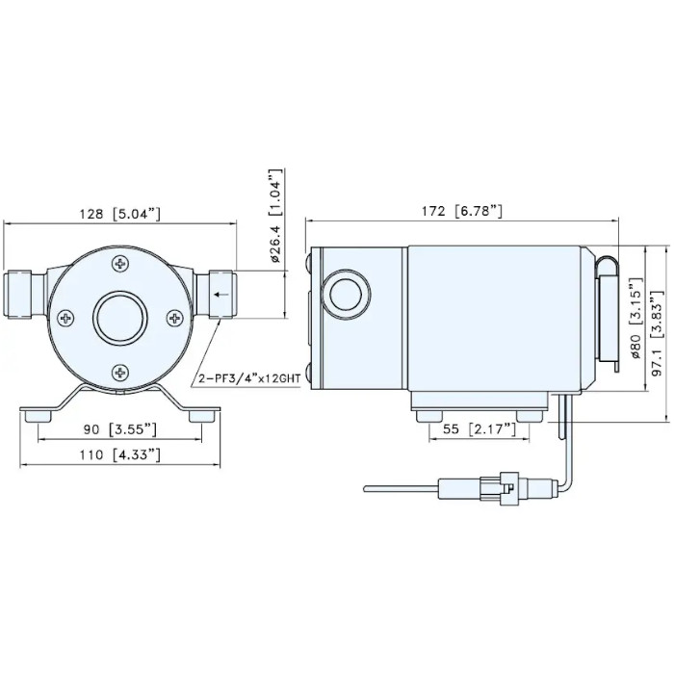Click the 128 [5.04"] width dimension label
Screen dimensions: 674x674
120,214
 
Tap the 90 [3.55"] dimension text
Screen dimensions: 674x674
120,428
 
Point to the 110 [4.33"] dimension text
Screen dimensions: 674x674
120,454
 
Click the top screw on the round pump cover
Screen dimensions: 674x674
119,263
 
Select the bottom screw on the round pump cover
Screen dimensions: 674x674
119,369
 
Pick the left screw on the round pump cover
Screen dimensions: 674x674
65,316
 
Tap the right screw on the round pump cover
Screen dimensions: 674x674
173,316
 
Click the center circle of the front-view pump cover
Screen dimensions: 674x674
119,316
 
